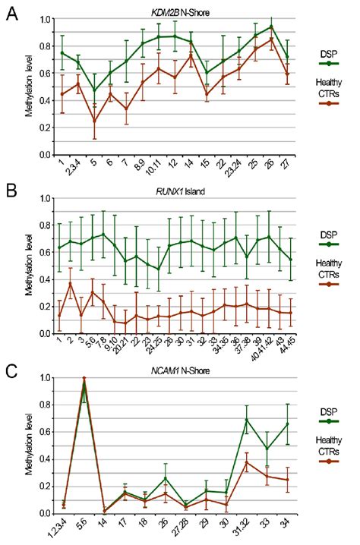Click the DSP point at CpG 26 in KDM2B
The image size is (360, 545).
point(272,27)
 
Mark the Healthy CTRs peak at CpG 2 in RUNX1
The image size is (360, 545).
point(71,283)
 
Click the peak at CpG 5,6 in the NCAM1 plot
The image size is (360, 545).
point(84,379)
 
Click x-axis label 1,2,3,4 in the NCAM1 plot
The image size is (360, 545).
point(56,527)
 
